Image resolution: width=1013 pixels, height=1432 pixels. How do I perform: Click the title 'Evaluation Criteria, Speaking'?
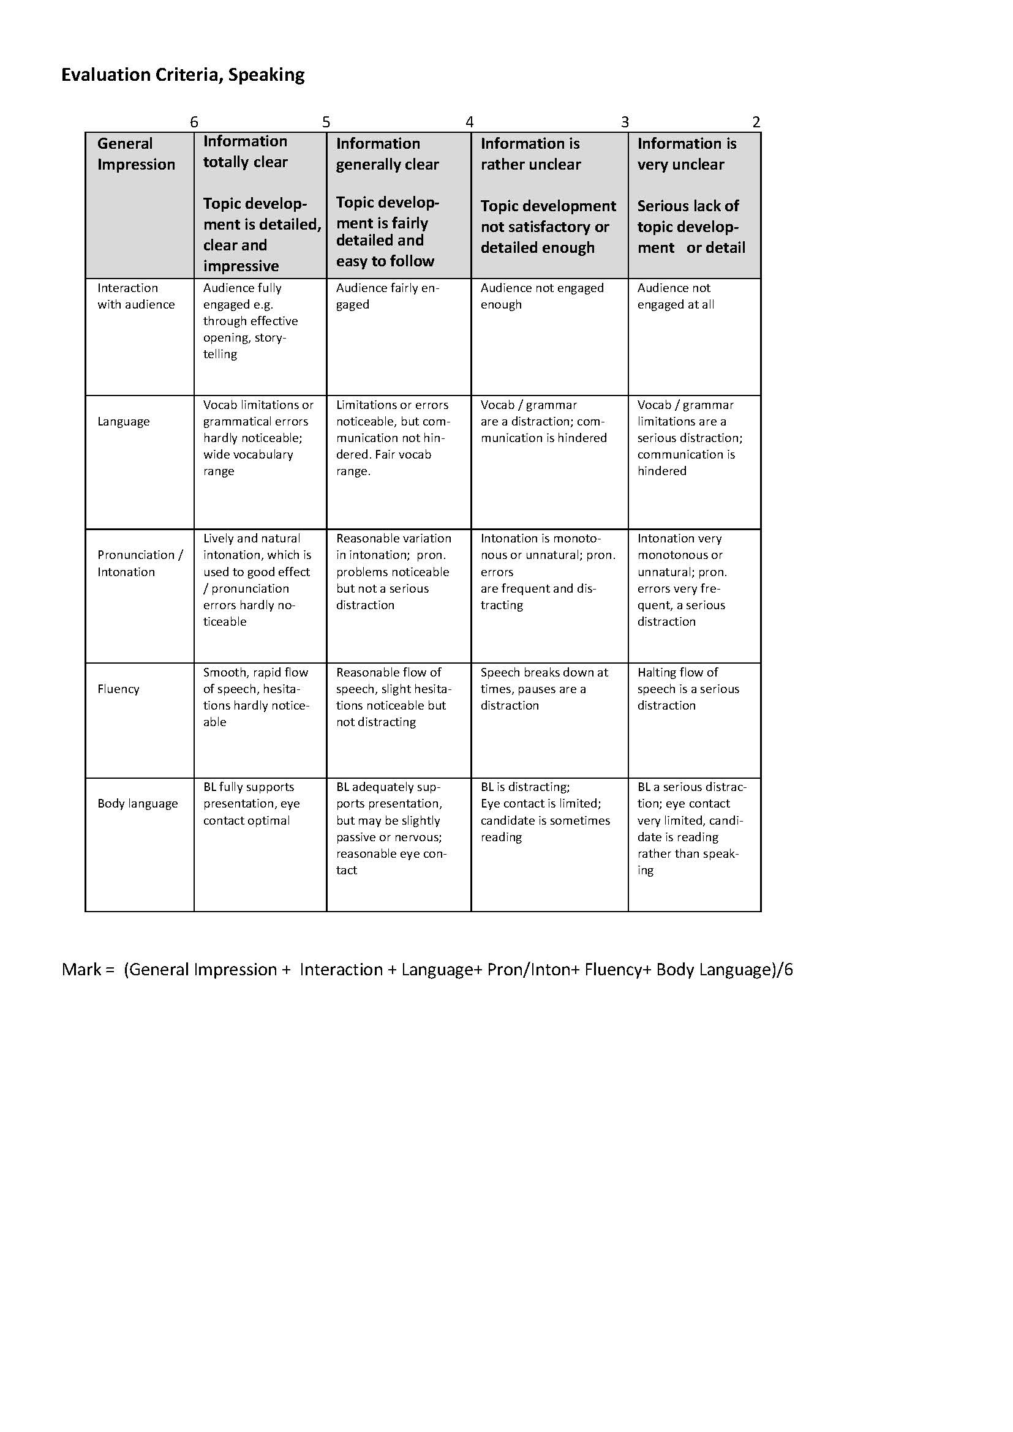183,75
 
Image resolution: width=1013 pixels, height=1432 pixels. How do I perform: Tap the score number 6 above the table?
194,122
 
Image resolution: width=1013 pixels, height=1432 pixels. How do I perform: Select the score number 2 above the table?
756,122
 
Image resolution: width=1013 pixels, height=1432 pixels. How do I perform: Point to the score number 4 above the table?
469,122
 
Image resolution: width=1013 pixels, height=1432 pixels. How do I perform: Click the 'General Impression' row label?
136,154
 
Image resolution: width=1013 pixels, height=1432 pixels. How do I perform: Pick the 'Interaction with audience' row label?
136,296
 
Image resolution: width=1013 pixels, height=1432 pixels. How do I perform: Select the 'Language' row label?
124,422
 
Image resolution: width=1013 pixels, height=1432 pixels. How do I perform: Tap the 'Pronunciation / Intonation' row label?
140,563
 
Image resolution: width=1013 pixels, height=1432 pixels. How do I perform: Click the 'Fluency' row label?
119,689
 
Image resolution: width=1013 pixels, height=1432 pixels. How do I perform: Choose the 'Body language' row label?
137,804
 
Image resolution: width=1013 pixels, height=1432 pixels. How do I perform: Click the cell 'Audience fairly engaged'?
387,296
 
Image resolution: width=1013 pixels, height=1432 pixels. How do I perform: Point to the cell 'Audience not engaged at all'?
676,296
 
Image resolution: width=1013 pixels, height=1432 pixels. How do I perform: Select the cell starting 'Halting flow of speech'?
687,689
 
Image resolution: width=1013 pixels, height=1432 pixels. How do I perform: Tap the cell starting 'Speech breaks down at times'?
544,689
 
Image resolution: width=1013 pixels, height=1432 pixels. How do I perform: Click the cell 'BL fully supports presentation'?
251,804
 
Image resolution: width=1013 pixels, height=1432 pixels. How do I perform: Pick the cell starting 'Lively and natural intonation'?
257,580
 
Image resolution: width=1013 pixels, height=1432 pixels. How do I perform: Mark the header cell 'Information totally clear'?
245,152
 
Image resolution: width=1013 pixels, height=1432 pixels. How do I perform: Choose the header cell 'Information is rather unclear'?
531,154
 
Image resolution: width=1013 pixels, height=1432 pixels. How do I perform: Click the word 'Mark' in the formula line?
81,970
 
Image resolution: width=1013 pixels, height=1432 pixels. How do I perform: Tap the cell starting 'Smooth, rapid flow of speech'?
256,697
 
